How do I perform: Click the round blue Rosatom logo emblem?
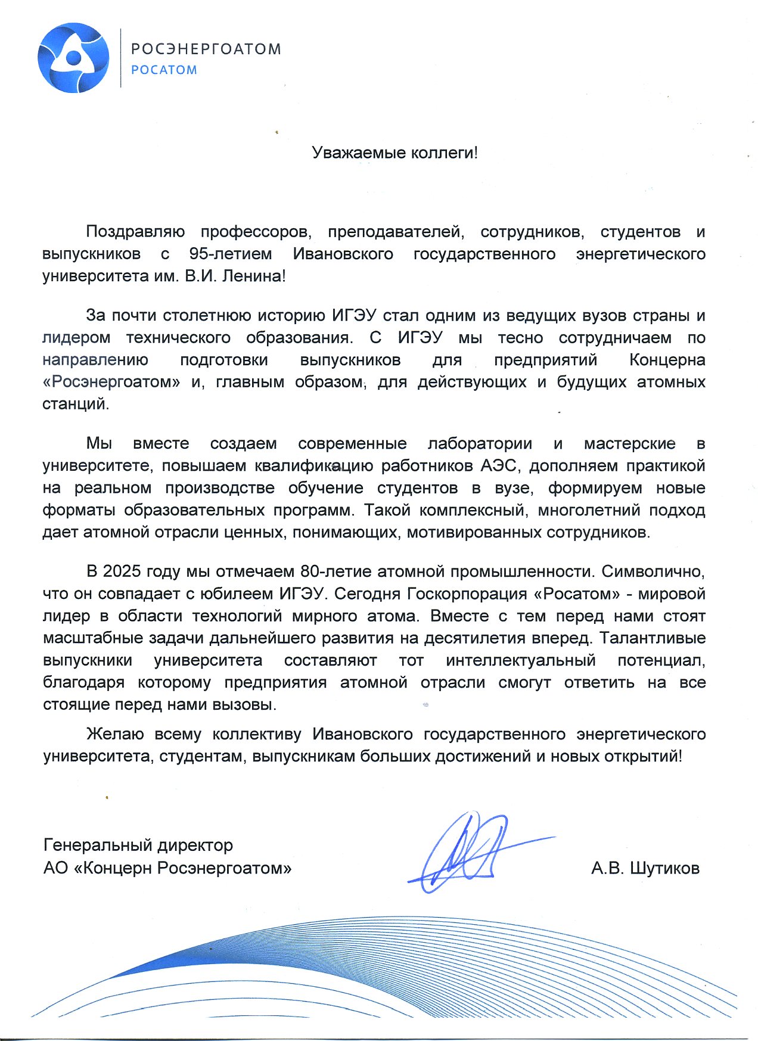point(73,58)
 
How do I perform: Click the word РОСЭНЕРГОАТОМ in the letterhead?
point(206,49)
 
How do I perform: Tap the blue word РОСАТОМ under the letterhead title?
point(164,70)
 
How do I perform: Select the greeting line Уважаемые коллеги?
point(394,153)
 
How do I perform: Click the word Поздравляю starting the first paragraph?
point(135,231)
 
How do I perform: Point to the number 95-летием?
point(230,254)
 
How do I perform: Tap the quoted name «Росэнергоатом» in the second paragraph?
point(111,382)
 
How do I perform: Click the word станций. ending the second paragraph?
point(76,404)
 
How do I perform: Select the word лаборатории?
point(480,443)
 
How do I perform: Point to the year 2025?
point(120,571)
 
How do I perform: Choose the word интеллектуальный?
point(520,660)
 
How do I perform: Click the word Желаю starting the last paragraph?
point(114,734)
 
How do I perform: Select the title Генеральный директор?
point(138,845)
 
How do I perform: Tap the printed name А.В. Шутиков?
point(645,868)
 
